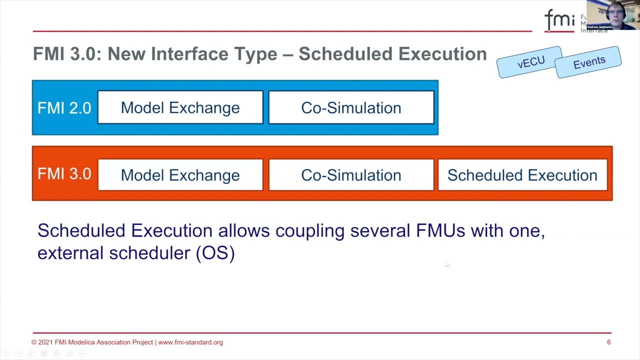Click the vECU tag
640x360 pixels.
pos(530,62)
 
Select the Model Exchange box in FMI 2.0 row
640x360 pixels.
pos(180,107)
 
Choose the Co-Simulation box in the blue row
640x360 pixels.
pos(351,107)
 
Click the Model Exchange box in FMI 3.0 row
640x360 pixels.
pos(180,175)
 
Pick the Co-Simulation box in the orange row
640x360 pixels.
pos(351,175)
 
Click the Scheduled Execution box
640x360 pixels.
pos(522,175)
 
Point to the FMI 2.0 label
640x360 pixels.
pos(64,108)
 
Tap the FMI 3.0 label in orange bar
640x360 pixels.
pos(64,174)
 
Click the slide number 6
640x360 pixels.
pos(608,342)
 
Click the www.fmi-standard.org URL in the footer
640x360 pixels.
pos(190,342)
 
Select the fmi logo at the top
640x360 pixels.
pos(559,20)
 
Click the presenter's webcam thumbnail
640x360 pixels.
pos(613,15)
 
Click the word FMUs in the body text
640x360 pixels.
pos(440,230)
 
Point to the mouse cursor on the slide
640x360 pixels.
pos(446,263)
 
